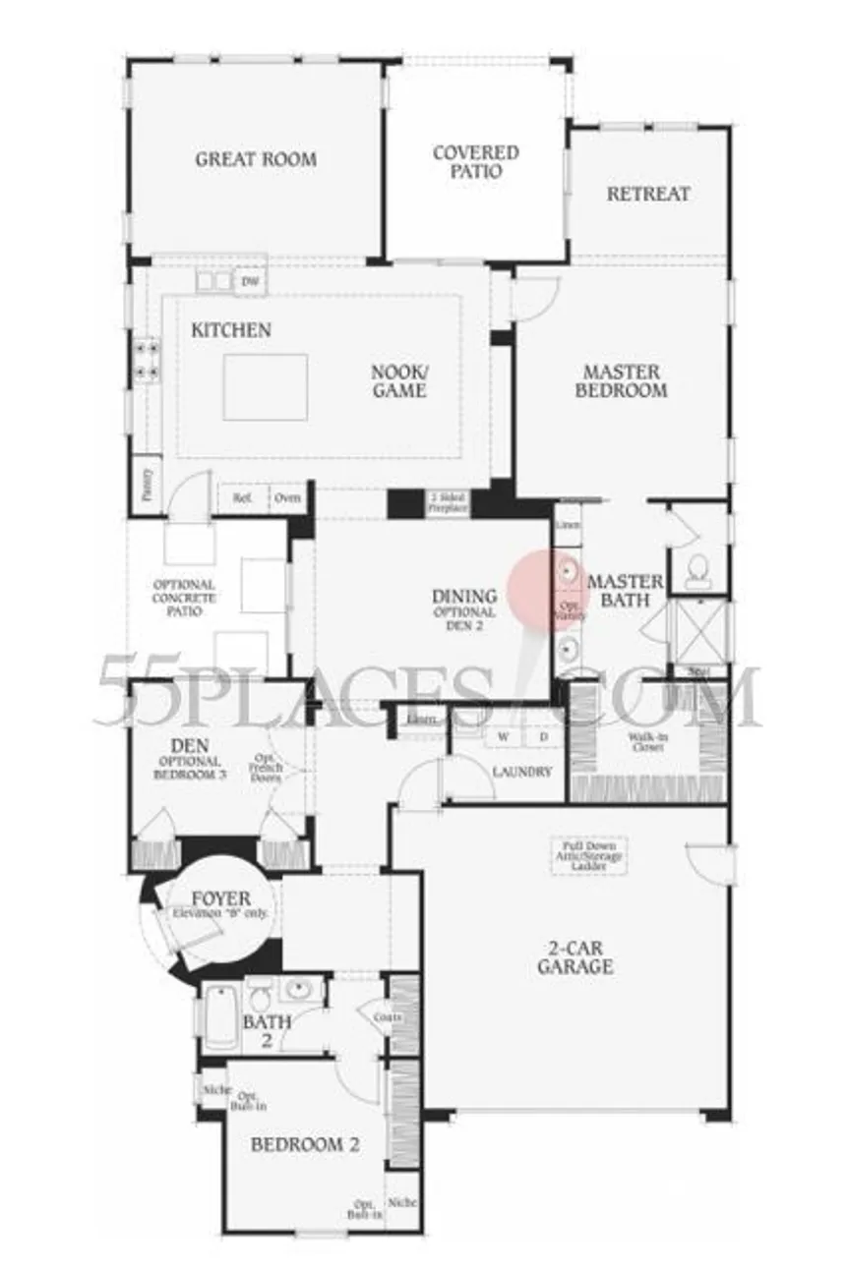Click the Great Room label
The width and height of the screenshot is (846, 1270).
[256, 159]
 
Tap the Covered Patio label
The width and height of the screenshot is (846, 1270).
[475, 162]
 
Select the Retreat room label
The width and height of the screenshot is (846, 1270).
[647, 194]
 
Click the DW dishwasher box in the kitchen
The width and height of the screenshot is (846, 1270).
[250, 281]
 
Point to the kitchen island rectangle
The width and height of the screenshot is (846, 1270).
[265, 386]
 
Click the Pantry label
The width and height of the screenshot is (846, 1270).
[147, 485]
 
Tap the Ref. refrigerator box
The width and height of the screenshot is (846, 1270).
[243, 498]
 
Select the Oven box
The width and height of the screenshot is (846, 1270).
[288, 498]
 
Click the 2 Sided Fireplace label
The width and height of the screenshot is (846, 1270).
[447, 503]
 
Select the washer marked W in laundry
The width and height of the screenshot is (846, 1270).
[503, 736]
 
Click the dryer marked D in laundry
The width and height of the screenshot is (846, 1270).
[542, 736]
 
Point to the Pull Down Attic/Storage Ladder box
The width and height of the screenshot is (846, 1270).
[588, 855]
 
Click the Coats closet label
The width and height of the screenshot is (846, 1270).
[387, 1017]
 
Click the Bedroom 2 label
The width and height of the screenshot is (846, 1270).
[304, 1144]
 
